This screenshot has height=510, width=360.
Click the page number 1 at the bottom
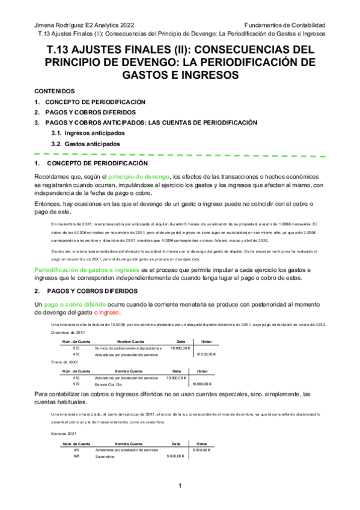point(180,485)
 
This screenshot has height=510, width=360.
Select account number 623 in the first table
point(76,348)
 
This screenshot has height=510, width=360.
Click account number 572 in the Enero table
point(76,383)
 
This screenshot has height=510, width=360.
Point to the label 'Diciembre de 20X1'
point(68,332)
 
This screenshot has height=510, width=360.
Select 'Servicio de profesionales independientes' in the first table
point(128,348)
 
